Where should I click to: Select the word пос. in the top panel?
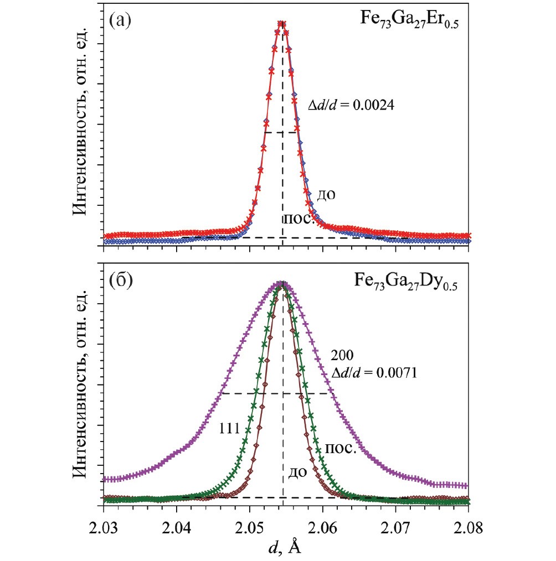point(298,217)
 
